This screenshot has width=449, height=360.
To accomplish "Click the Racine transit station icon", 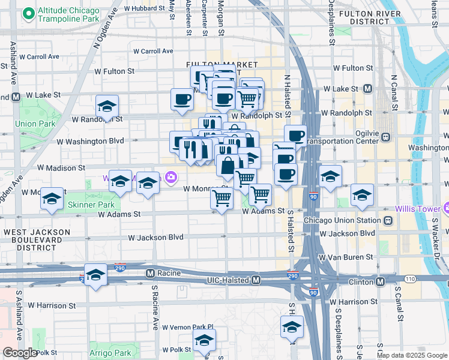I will (x=151, y=274).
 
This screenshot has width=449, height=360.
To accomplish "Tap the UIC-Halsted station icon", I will (x=256, y=280).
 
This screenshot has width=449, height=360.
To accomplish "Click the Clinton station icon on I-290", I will (x=381, y=281).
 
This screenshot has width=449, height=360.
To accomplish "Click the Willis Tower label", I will (x=418, y=209).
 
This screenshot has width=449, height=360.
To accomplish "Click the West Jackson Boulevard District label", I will (x=31, y=239).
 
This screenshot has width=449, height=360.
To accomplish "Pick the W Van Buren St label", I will (x=346, y=257).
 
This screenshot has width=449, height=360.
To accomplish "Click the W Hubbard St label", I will (x=145, y=8).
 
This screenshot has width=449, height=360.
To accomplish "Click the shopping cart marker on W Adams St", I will (x=222, y=198).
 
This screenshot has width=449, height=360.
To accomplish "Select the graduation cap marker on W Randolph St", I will (x=107, y=107).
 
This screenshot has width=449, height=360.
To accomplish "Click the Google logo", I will (x=20, y=353).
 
